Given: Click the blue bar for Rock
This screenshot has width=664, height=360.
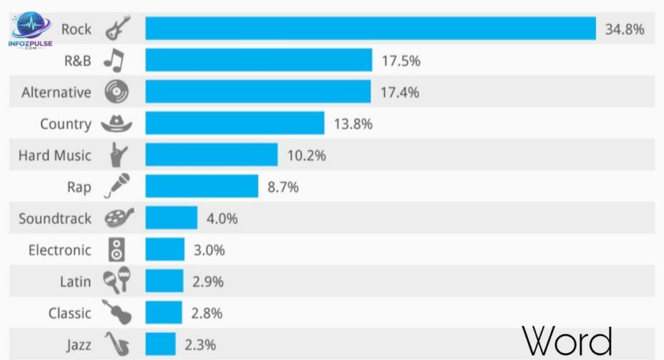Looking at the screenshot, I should click(x=370, y=29).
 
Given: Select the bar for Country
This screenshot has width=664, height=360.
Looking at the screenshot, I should click(x=235, y=123).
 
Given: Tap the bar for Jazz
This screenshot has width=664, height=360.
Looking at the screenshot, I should click(x=160, y=344).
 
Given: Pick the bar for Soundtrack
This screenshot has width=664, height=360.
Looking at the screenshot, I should click(x=171, y=218).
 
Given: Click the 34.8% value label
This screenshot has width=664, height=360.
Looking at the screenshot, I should click(x=624, y=29).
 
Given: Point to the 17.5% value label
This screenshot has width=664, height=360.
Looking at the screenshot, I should click(x=401, y=60).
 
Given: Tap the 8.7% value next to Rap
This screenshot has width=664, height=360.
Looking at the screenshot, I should click(x=283, y=187).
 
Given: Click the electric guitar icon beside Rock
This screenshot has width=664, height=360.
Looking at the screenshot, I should click(x=117, y=29).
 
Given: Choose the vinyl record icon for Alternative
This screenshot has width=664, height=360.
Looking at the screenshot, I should click(x=117, y=91).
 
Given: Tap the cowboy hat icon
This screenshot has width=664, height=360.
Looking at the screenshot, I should click(x=117, y=123).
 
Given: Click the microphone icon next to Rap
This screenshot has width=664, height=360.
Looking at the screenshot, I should click(x=117, y=186).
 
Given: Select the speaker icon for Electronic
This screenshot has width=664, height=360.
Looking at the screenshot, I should click(x=117, y=249).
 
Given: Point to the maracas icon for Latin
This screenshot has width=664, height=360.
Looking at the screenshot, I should click(x=117, y=281).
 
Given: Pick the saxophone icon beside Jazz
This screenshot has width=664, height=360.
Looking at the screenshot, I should click(x=117, y=344).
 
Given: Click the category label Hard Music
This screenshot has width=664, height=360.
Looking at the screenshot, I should click(x=54, y=156).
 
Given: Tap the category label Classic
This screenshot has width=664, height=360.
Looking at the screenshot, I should click(x=69, y=313).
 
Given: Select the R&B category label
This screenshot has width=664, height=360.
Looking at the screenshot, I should click(x=77, y=61).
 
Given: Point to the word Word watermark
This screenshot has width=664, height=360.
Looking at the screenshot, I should click(x=567, y=341).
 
